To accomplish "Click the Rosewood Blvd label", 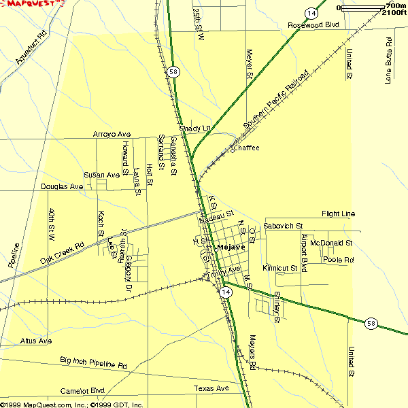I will tap(313, 25).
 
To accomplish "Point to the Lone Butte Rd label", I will tap(388, 60).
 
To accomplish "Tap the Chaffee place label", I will tap(245, 148).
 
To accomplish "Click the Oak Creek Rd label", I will tap(61, 252).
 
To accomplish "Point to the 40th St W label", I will tap(50, 225).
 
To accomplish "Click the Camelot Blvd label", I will tap(82, 391).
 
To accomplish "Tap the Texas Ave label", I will tap(211, 389).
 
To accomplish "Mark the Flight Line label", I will tap(338, 214).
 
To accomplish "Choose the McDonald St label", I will tap(330, 242).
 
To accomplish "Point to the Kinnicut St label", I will tap(279, 269).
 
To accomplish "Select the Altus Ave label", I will tap(36, 341).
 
